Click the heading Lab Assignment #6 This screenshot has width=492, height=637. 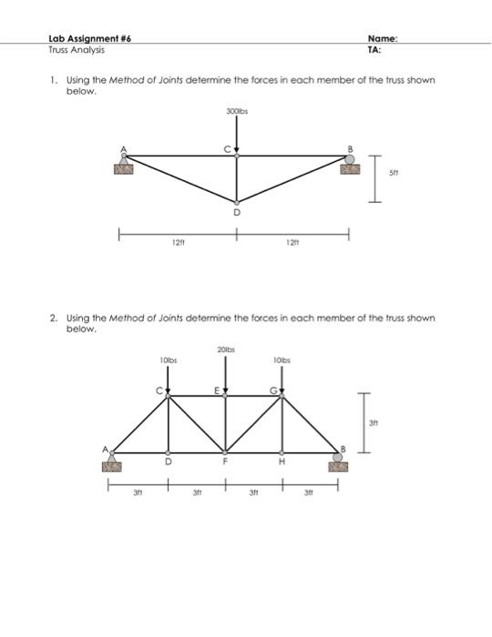click(x=87, y=40)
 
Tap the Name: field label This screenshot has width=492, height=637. click(x=383, y=40)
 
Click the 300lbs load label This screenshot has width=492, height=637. click(x=237, y=110)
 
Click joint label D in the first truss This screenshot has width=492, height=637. click(x=237, y=211)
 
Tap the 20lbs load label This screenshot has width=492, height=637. click(x=227, y=349)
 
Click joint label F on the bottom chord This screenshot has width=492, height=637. click(x=226, y=461)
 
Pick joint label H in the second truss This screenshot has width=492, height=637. click(x=282, y=461)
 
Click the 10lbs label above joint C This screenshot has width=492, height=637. click(x=168, y=361)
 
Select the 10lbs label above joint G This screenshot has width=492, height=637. click(x=283, y=361)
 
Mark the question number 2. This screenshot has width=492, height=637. click(x=53, y=318)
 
